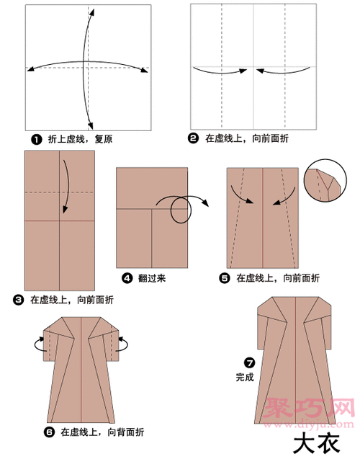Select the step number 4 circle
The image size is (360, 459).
point(126,277)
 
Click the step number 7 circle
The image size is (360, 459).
point(249,362)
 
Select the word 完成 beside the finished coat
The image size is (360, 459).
point(245,377)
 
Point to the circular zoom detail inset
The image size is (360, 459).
point(323,185)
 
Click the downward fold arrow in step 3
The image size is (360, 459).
point(66,185)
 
